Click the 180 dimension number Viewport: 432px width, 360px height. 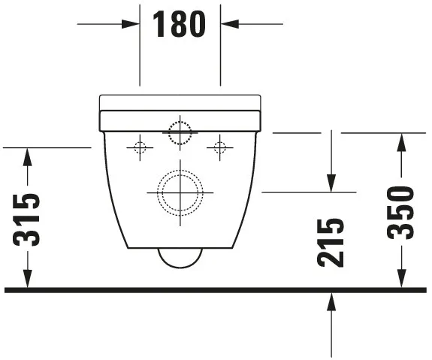pyautogui.click(x=180, y=24)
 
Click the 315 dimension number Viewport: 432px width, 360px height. pyautogui.click(x=27, y=219)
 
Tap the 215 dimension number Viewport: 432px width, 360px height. pyautogui.click(x=331, y=241)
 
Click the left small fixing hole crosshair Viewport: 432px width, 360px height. pyautogui.click(x=140, y=147)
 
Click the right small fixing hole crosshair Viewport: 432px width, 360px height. pyautogui.click(x=219, y=147)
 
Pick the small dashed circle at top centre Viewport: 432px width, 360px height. pyautogui.click(x=180, y=132)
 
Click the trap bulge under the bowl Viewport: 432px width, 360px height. pyautogui.click(x=180, y=257)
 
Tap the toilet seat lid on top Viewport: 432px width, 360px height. pyautogui.click(x=180, y=102)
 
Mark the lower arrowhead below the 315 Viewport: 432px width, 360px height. pyautogui.click(x=27, y=280)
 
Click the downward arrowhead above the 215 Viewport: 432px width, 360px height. pyautogui.click(x=331, y=184)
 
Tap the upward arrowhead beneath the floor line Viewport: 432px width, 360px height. pyautogui.click(x=331, y=301)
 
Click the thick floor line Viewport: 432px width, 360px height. pyautogui.click(x=216, y=289)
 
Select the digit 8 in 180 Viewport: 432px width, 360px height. pyautogui.click(x=180, y=24)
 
